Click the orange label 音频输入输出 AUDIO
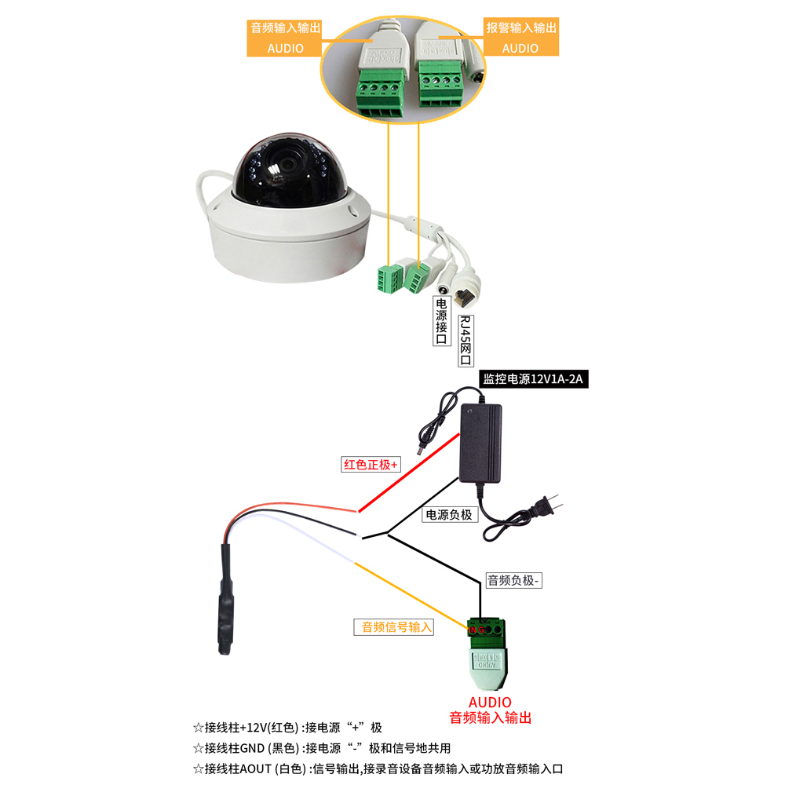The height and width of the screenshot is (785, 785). (x=285, y=38)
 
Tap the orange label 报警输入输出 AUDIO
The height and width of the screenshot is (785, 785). (x=520, y=38)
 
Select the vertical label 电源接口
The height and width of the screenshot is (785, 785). (x=441, y=320)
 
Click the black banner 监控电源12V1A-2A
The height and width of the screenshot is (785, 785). (x=534, y=379)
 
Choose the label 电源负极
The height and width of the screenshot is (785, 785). (x=449, y=515)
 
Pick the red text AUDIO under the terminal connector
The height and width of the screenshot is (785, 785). (x=490, y=702)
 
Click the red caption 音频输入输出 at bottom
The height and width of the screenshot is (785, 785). (x=490, y=717)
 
